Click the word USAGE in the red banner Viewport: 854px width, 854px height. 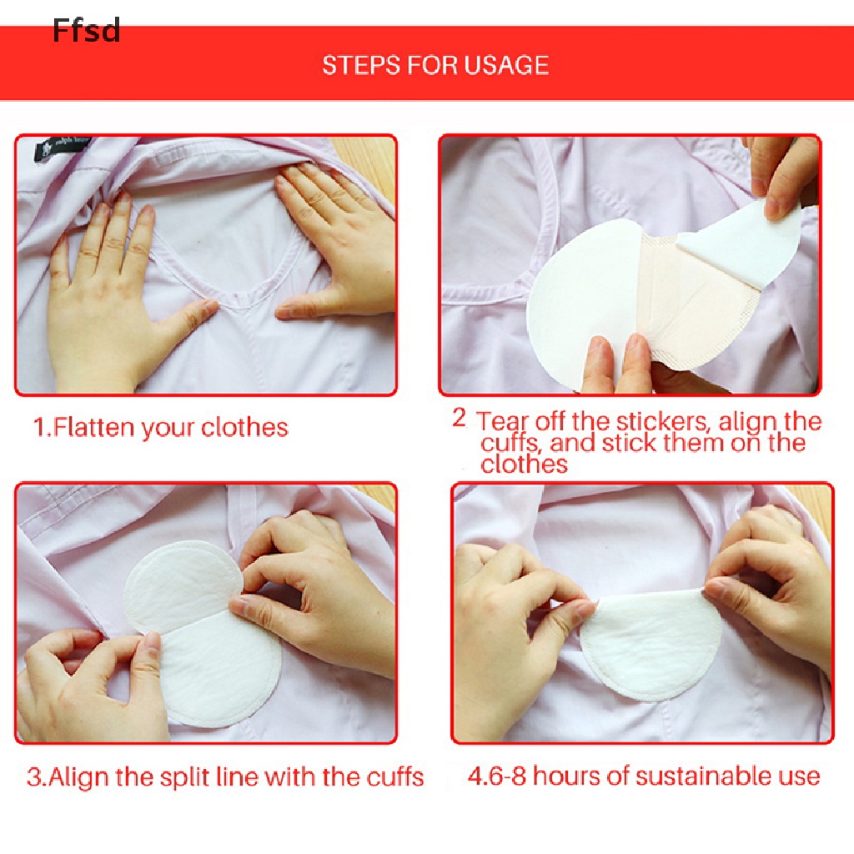(506, 65)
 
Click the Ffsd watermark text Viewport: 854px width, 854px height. (87, 31)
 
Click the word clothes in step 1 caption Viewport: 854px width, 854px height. (244, 428)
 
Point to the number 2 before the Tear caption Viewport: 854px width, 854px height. (460, 419)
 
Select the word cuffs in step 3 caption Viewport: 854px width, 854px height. (394, 777)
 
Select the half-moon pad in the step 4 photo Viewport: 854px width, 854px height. (651, 646)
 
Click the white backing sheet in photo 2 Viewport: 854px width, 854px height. (583, 305)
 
